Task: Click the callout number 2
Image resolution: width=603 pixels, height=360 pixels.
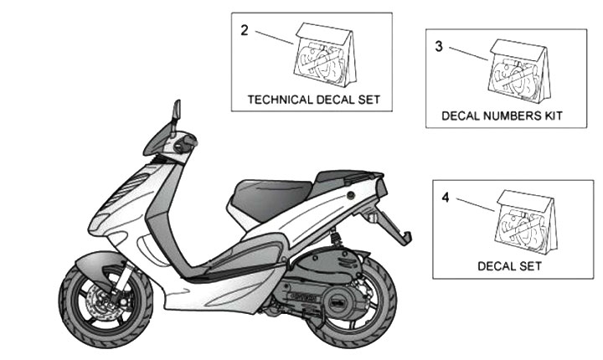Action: (x=244, y=30)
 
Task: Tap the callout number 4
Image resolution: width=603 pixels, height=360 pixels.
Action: (x=446, y=198)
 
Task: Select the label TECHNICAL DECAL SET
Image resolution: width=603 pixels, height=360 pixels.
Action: (x=314, y=99)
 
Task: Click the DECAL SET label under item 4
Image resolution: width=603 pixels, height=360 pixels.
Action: (x=509, y=266)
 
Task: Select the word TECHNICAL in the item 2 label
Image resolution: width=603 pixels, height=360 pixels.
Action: (x=282, y=99)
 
